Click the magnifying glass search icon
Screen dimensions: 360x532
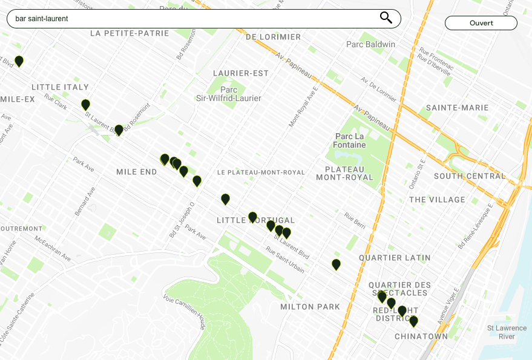[x=386, y=18]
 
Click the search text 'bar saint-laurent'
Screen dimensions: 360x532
[x=42, y=19]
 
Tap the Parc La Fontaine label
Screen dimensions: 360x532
[x=350, y=140]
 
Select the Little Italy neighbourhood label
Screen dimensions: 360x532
[x=60, y=87]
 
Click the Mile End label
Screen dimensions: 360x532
[x=136, y=172]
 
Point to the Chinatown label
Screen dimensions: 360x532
[x=421, y=336]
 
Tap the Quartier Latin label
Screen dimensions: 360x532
[x=395, y=258]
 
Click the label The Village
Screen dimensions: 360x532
[x=437, y=200]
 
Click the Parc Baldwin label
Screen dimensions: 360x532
[x=370, y=44]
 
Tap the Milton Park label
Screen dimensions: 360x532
[x=310, y=307]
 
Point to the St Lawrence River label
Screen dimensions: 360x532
[x=501, y=332]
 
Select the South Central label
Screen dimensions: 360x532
[x=469, y=176]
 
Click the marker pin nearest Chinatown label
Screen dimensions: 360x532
[x=413, y=321]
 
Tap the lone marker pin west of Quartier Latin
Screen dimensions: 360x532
[x=336, y=264]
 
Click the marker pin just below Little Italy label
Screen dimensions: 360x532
[x=85, y=105]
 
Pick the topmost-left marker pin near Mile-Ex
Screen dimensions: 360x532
[x=19, y=61]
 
